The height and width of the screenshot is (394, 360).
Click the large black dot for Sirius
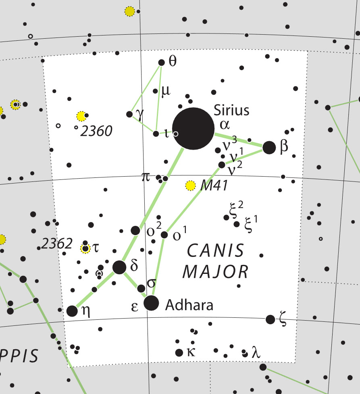193,129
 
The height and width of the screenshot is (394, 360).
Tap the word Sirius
231,110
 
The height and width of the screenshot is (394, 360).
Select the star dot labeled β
269,147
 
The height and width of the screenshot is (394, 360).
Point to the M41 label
214,186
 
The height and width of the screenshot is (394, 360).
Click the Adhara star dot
151,303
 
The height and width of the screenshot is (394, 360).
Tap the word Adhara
189,305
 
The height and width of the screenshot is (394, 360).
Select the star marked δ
119,267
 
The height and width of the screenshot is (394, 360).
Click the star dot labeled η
72,311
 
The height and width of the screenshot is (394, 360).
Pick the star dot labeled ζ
271,319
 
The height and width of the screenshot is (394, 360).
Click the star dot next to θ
161,63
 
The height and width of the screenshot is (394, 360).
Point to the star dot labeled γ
129,114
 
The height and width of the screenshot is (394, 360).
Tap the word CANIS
216,251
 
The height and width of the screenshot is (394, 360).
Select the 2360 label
96,131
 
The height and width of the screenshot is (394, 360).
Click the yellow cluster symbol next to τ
85,248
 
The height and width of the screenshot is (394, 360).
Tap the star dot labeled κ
179,353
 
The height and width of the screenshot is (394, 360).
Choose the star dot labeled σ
142,288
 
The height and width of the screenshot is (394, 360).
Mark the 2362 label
57,244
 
